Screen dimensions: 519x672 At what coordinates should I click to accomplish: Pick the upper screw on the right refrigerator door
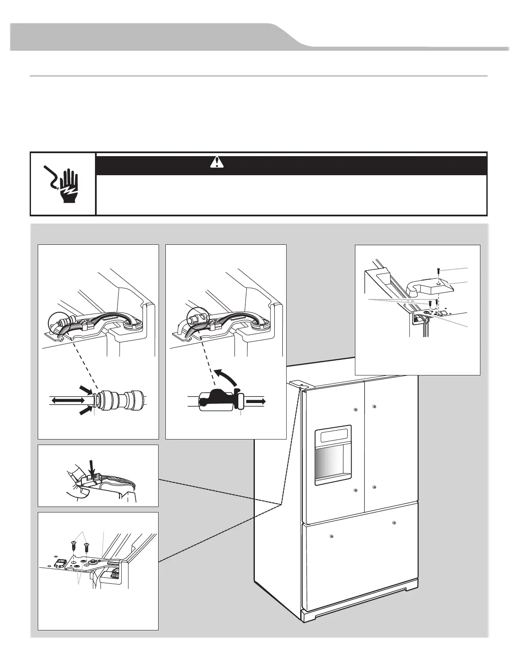pyautogui.click(x=374, y=406)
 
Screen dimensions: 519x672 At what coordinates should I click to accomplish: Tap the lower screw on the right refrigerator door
pyautogui.click(x=374, y=487)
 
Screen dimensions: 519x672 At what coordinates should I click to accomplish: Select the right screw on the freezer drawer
pyautogui.click(x=394, y=522)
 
